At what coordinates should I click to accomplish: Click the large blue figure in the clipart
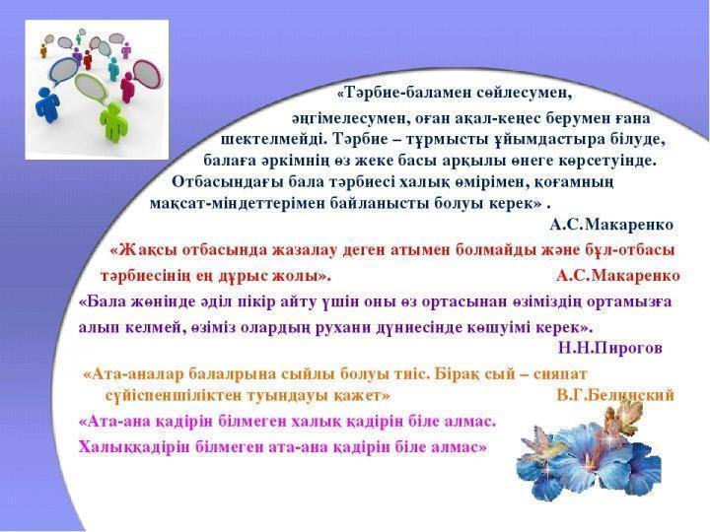[x=47, y=105]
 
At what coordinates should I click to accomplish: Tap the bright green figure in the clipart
[x=113, y=121]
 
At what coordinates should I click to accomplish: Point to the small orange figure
[x=43, y=51]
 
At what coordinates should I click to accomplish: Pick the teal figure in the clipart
[x=112, y=70]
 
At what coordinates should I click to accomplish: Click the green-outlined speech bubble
[x=91, y=89]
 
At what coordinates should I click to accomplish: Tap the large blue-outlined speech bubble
[x=64, y=71]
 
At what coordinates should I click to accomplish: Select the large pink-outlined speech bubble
[x=147, y=75]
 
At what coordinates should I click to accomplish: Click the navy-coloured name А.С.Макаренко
[x=611, y=225]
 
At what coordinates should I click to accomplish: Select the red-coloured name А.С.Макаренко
[x=618, y=276]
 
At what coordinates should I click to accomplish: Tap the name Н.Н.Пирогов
[x=610, y=348]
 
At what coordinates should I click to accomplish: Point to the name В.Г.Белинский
[x=615, y=395]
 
